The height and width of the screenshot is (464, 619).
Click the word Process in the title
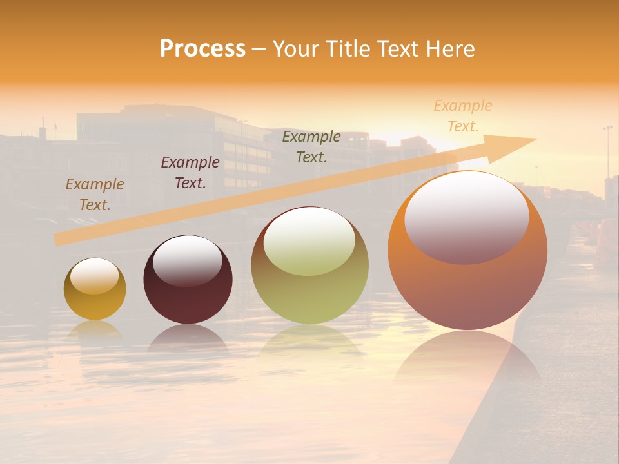[202, 49]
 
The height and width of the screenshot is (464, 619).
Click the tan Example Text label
[95, 195]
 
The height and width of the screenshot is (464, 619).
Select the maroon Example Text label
[190, 173]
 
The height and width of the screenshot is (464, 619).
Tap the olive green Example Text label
[311, 146]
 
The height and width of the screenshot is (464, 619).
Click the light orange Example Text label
[462, 116]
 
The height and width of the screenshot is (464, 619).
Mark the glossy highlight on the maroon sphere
[187, 260]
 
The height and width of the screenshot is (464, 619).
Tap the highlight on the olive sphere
[309, 241]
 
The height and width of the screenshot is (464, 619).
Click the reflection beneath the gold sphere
[95, 330]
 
